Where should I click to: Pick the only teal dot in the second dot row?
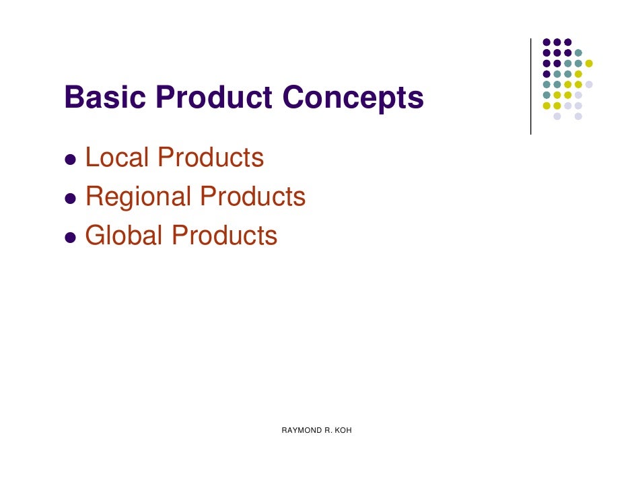pos(578,53)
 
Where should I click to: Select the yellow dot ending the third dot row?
pos(589,63)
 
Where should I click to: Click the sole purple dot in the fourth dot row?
pos(547,74)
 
